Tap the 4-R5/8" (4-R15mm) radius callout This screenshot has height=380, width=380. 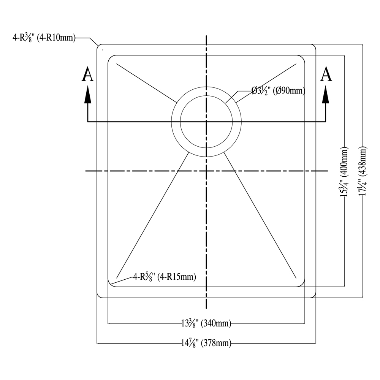click(x=164, y=277)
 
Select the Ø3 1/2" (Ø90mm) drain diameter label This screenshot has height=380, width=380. click(x=279, y=91)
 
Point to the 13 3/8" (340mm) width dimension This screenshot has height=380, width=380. click(x=206, y=324)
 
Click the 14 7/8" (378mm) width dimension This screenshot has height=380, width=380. click(x=206, y=343)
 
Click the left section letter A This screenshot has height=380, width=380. click(x=88, y=75)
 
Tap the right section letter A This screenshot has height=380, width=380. click(x=326, y=75)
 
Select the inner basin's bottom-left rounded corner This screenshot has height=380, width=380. click(x=111, y=283)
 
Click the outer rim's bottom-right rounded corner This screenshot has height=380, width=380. click(x=313, y=295)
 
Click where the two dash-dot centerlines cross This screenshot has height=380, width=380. click(x=206, y=171)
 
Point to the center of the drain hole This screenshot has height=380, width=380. click(x=206, y=122)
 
